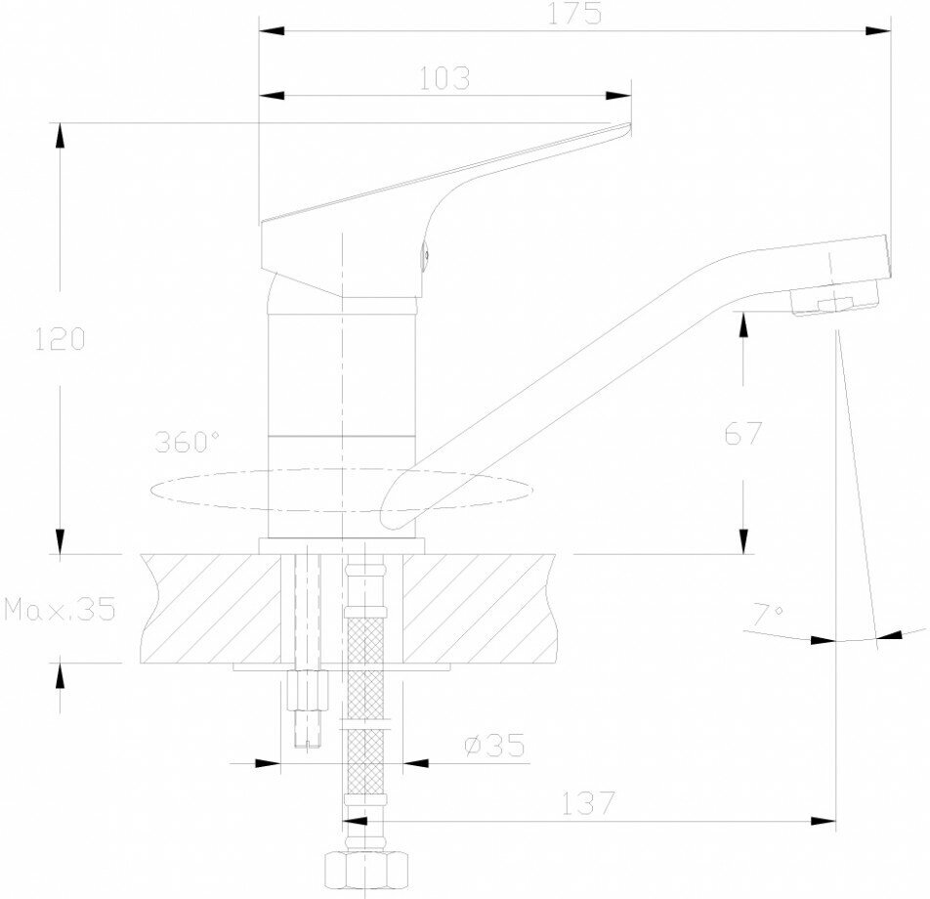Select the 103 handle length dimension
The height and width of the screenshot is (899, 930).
pyautogui.click(x=445, y=78)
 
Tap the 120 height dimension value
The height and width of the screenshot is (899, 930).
pyautogui.click(x=61, y=340)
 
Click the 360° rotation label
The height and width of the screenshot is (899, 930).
pyautogui.click(x=187, y=442)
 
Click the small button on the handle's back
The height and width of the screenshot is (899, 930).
pyautogui.click(x=424, y=256)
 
